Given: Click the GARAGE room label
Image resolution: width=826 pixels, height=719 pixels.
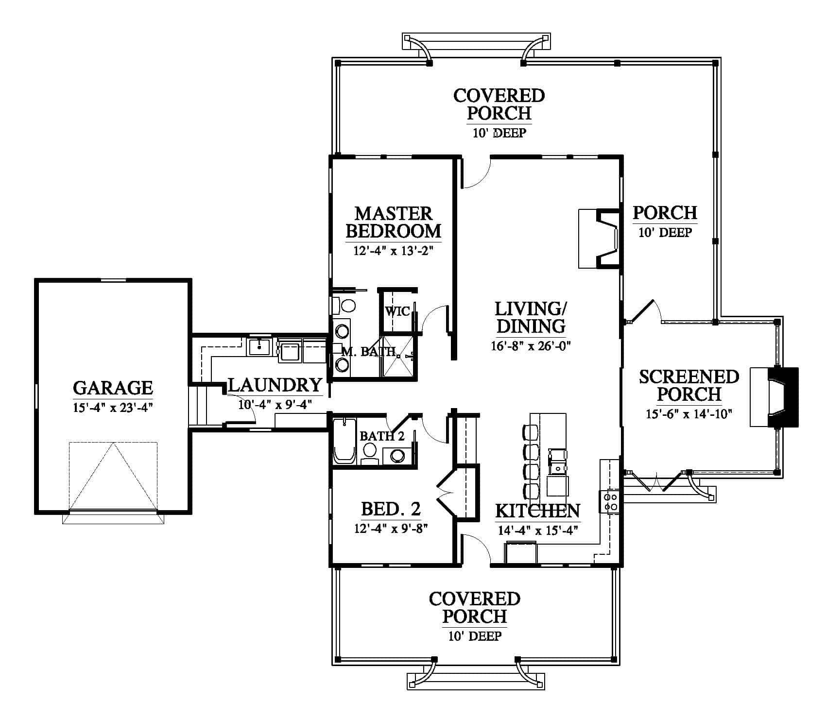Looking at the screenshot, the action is pyautogui.click(x=113, y=388).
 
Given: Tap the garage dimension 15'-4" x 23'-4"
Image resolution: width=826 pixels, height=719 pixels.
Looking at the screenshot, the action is pyautogui.click(x=113, y=408).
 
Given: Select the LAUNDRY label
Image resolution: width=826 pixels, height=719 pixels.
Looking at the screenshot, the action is pyautogui.click(x=275, y=385).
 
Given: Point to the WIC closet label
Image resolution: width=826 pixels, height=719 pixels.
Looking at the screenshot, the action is pyautogui.click(x=397, y=311).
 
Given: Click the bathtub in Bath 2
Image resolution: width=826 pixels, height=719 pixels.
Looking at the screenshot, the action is pyautogui.click(x=344, y=441).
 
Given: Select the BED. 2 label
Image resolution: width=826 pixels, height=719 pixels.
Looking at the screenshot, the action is pyautogui.click(x=391, y=509).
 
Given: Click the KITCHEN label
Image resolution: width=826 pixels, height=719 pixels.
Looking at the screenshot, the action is pyautogui.click(x=537, y=511).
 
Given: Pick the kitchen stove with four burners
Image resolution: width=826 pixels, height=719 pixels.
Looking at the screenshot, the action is pyautogui.click(x=610, y=502).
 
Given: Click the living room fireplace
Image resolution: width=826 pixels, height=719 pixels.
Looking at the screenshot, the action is pyautogui.click(x=599, y=239).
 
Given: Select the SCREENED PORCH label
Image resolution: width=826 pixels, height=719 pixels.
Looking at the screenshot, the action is pyautogui.click(x=689, y=385).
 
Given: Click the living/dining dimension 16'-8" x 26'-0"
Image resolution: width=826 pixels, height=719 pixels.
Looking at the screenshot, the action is pyautogui.click(x=531, y=346).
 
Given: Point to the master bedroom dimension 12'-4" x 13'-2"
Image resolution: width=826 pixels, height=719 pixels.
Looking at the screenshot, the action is pyautogui.click(x=394, y=251).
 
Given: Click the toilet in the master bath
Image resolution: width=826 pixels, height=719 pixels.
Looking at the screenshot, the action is pyautogui.click(x=344, y=306).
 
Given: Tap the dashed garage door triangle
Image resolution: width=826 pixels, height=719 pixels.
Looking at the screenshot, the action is pyautogui.click(x=113, y=476).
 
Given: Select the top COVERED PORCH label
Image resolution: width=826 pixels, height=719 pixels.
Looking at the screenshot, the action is pyautogui.click(x=499, y=104).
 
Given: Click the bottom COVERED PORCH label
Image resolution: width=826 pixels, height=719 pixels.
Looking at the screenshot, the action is pyautogui.click(x=475, y=607).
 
